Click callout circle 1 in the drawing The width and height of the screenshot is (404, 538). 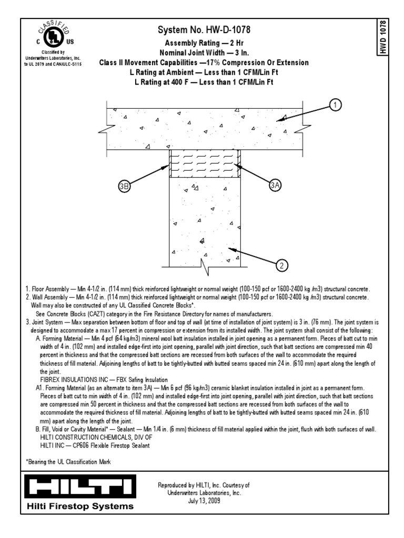[335, 106]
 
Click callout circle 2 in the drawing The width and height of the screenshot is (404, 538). [282, 265]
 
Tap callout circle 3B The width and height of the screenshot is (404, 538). [125, 186]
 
